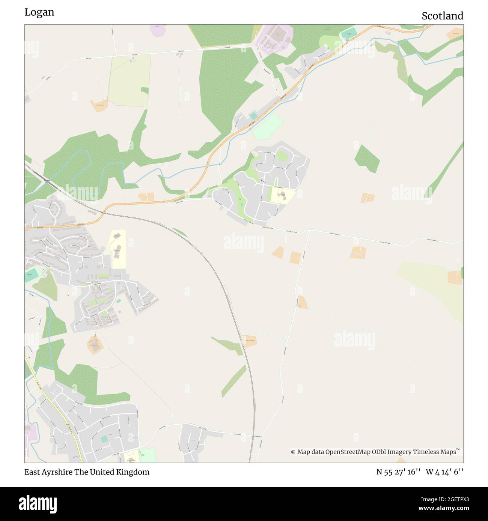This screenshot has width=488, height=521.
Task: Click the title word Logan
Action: pos(39,12)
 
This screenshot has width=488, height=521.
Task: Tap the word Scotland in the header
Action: pos(442,16)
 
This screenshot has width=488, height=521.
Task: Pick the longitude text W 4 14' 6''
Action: pos(444,472)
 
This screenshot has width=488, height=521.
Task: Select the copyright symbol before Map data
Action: pos(293,452)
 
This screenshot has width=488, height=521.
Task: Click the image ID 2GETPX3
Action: pos(450,499)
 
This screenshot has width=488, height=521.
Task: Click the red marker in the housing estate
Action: pos(262,181)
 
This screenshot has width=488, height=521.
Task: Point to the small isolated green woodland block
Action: pos(367,159)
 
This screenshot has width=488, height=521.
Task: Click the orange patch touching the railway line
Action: pos(249,341)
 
